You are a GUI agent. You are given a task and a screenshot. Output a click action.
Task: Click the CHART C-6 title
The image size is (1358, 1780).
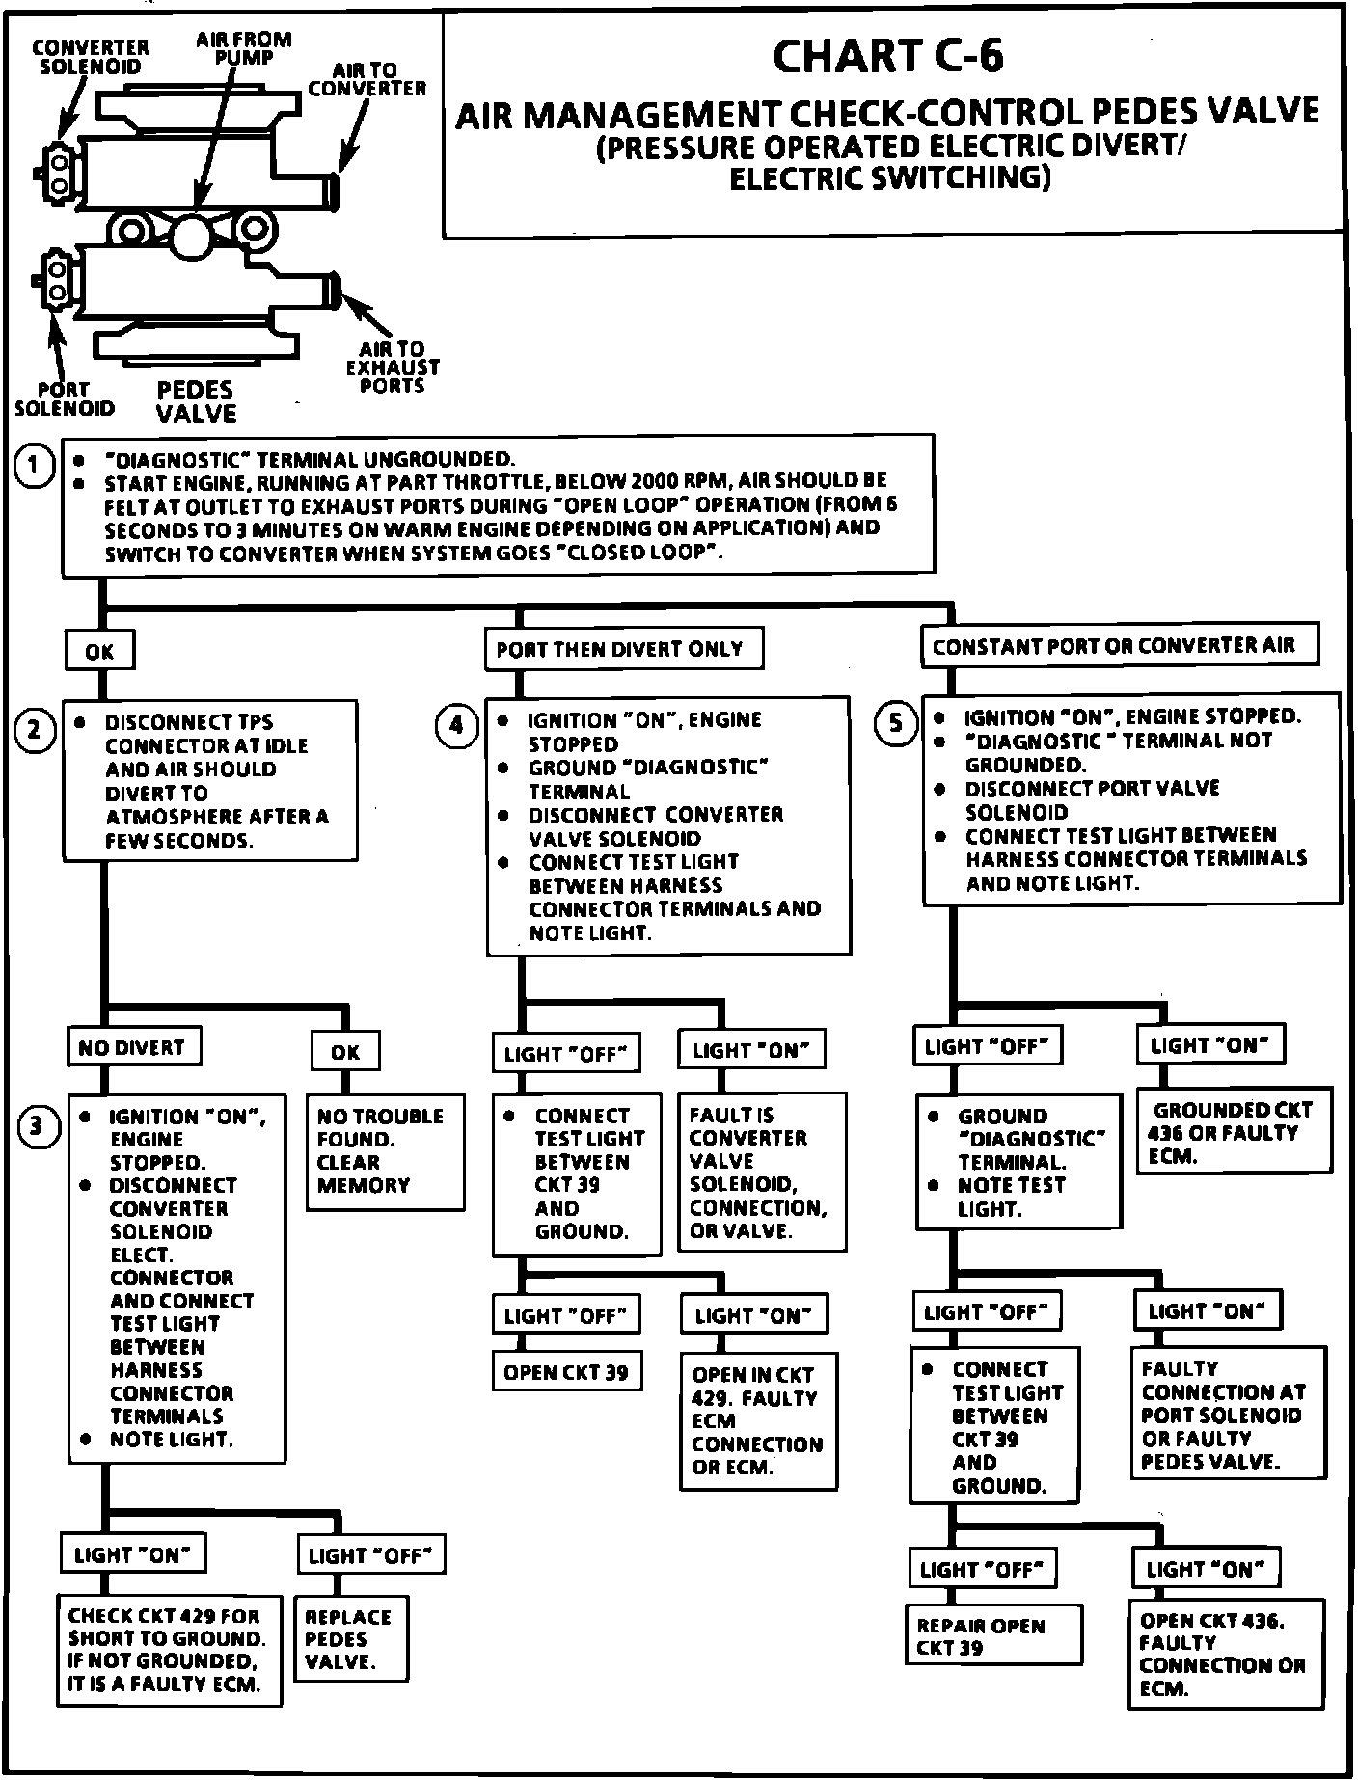click(887, 56)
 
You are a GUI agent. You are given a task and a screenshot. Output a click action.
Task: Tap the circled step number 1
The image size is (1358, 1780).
click(35, 468)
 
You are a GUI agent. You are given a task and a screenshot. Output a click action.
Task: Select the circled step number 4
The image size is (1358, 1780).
click(456, 726)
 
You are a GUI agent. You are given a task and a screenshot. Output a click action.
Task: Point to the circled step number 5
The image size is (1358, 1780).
click(896, 722)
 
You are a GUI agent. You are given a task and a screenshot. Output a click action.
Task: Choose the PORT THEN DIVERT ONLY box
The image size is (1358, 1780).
click(623, 649)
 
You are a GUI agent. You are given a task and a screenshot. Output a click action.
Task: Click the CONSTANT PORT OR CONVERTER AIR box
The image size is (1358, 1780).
click(1120, 646)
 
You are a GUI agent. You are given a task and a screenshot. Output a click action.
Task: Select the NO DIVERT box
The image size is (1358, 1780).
click(133, 1046)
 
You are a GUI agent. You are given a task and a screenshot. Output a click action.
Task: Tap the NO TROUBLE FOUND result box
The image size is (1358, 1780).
click(385, 1151)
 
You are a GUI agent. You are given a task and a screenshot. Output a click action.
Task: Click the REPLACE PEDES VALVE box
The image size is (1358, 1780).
click(350, 1639)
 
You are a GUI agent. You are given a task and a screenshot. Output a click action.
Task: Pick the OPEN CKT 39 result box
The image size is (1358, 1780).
click(567, 1372)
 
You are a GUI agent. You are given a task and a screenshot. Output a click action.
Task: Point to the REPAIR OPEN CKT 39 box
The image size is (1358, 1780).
click(993, 1634)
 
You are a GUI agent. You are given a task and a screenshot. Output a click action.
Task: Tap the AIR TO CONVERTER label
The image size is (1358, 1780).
click(367, 79)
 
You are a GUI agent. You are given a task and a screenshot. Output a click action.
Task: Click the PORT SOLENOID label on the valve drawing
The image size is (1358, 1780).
click(64, 398)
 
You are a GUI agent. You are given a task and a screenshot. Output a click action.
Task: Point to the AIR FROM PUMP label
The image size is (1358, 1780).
click(243, 47)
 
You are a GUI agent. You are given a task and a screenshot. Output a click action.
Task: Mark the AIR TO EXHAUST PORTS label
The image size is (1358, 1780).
click(393, 366)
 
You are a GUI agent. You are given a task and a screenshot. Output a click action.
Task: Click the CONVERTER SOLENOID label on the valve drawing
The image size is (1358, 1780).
click(91, 57)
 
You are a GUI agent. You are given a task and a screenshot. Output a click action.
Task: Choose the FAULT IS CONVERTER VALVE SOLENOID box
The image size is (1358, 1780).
click(762, 1173)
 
